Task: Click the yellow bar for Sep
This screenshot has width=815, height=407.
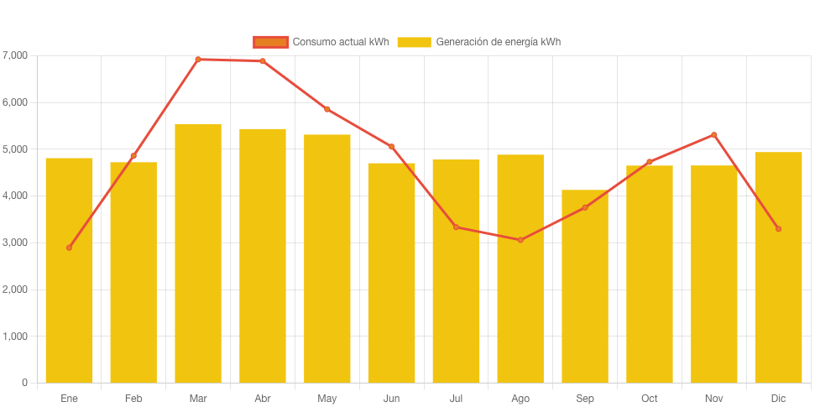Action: coord(585,286)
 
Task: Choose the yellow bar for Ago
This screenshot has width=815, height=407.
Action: coord(520,269)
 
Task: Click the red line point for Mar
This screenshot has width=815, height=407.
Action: coord(198,60)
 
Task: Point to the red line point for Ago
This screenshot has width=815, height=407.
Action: coord(520,240)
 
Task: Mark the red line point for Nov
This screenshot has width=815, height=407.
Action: coord(714,134)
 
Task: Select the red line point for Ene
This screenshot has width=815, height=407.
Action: coord(69,248)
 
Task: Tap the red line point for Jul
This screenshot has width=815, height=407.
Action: coord(456,227)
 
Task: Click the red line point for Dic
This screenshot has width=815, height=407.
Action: coord(778,229)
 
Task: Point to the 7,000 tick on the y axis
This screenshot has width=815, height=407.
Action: coord(16,55)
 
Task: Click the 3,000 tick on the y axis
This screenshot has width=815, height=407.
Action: coord(16,243)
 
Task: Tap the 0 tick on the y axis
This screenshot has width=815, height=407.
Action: coord(25,383)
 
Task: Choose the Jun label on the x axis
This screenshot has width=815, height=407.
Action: coord(391,399)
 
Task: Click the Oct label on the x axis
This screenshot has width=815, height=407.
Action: coord(650,399)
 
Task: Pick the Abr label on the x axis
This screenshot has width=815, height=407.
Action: coord(263,399)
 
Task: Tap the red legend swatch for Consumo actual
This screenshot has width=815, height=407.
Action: coord(270,42)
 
